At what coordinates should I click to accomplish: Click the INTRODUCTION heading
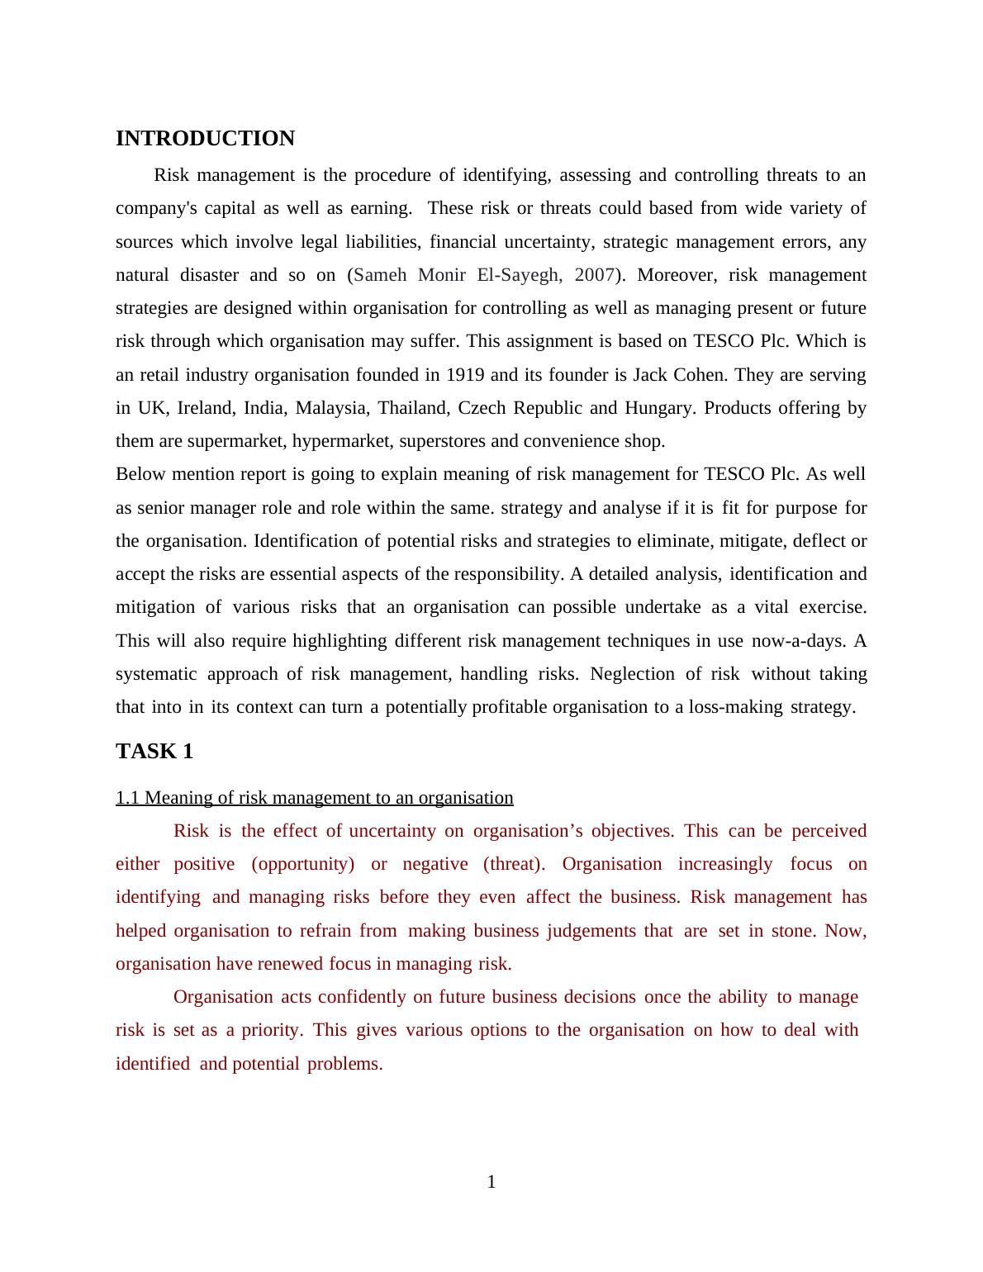click(205, 139)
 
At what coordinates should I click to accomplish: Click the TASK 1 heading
click(154, 752)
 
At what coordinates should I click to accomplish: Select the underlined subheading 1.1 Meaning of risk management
click(314, 798)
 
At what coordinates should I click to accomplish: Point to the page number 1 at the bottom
click(491, 1183)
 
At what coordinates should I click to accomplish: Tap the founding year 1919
click(465, 375)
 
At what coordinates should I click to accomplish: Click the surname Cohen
click(701, 375)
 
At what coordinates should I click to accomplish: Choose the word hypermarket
click(341, 441)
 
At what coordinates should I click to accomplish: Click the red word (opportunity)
click(303, 864)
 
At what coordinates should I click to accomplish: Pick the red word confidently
click(363, 997)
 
